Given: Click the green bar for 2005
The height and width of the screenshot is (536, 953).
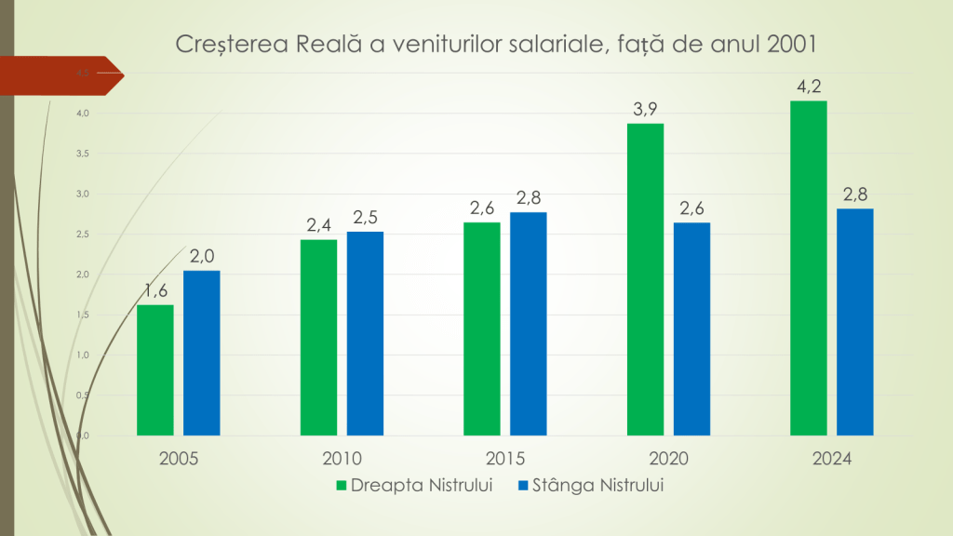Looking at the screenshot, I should coord(155,370).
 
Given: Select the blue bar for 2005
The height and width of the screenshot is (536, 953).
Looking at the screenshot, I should coord(202,354).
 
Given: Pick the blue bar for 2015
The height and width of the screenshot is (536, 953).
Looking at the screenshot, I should coord(529,324).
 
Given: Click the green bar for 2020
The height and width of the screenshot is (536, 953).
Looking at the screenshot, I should coord(645,279).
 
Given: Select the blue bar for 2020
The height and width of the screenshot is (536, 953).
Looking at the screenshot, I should coord(691,329).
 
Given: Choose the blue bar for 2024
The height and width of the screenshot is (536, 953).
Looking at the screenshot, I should coord(855,322).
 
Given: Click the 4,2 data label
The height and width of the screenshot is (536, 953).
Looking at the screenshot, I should coord(808,87).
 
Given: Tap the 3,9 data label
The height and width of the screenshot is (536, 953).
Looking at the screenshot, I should coord(645,110).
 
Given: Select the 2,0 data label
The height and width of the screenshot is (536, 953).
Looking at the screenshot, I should coord(202,257).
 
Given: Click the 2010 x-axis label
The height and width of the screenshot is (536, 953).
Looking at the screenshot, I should coord(342,460).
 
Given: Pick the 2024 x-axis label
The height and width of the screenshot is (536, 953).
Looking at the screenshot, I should coord(832,460).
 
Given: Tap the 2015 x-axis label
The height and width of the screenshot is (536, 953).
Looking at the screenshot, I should coord(505,460).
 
